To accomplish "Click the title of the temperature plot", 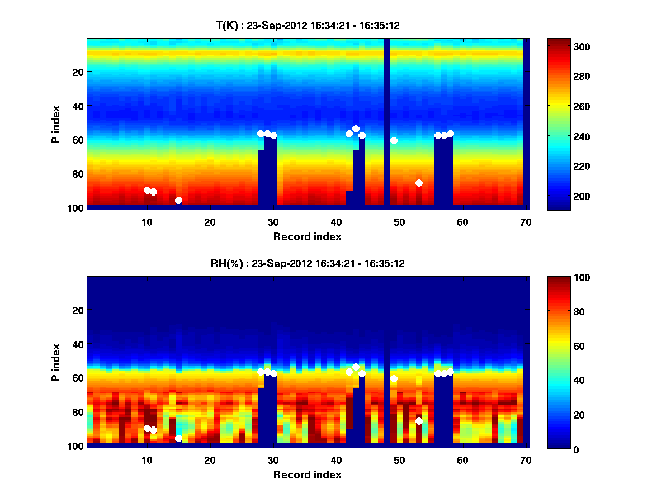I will click(308, 26).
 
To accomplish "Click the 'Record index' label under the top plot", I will click(307, 237).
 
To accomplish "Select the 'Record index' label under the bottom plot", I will click(307, 475).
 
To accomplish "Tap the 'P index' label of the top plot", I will click(56, 123).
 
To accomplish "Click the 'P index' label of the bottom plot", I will click(56, 362).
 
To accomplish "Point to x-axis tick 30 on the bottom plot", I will click(273, 460).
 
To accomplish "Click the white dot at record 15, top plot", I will click(178, 200).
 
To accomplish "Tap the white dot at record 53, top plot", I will click(419, 183).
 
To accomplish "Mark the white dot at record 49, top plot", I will click(394, 140).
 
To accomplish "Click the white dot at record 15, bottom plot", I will click(178, 438).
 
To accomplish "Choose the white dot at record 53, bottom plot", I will click(419, 421).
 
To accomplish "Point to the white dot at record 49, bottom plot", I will click(394, 378).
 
